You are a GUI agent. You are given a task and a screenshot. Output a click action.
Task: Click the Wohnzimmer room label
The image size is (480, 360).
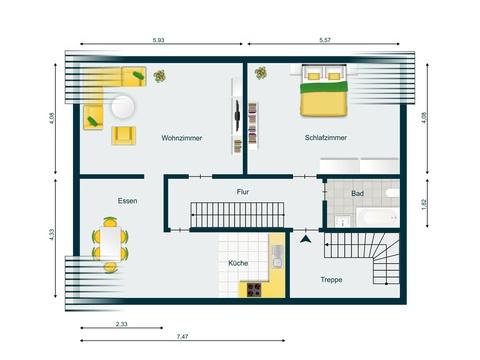tap(182, 138)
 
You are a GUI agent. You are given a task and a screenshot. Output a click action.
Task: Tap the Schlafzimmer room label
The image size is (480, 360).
tap(326, 138)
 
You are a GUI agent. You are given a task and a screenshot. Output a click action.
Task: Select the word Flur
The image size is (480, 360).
tap(243, 192)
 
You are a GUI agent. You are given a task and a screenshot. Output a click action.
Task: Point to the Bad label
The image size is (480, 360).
tap(357, 193)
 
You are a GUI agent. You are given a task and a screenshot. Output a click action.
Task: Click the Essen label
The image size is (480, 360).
tap(127, 201)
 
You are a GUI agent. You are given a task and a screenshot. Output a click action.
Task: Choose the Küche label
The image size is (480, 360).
tap(238, 263)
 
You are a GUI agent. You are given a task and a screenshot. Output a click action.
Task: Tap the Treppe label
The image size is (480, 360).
tap(331, 280)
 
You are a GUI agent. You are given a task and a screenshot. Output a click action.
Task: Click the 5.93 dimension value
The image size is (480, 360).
tap(159, 40)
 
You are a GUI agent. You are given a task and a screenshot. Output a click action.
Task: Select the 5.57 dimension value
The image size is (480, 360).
tap(325, 40)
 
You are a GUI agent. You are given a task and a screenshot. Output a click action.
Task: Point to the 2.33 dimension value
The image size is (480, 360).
tap(122, 324)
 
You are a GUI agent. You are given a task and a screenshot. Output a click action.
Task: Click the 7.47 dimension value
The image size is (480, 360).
tap(182, 336)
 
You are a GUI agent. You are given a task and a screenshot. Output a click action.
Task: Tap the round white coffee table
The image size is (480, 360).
tap(123, 107)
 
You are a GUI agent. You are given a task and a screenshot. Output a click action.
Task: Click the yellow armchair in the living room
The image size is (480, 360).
tap(124, 135)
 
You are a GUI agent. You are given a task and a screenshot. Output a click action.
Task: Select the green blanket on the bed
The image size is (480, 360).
tap(324, 87)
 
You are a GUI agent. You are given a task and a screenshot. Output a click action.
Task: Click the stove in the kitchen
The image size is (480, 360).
tap(254, 289)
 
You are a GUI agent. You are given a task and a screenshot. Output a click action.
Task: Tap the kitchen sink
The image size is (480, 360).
tap(277, 257)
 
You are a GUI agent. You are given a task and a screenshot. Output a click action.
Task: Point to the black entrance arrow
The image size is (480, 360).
tap(305, 239)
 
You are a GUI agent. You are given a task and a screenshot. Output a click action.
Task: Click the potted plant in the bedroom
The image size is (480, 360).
tap(261, 73)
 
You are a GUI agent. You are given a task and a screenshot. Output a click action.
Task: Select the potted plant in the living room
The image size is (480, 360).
tap(160, 76)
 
